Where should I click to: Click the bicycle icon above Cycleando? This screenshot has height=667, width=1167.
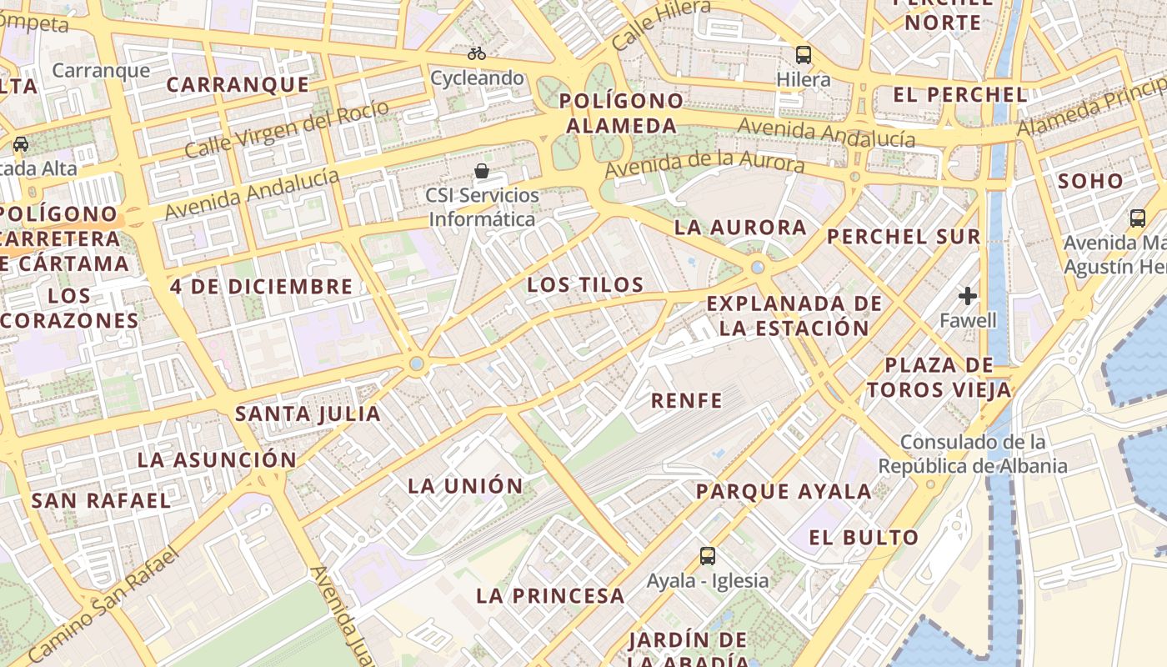point(477,53)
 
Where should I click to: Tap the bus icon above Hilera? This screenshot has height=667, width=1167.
point(804,55)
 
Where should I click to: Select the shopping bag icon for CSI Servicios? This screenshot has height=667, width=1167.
point(482,172)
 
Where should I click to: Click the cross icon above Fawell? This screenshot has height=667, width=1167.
point(968,296)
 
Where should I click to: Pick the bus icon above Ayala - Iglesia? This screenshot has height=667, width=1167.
point(708,555)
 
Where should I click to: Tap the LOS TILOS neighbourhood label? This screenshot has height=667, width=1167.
point(585,285)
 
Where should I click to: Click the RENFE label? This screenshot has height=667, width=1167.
point(686,401)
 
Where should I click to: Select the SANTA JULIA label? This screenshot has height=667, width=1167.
point(308,414)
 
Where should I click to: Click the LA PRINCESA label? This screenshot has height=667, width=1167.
point(550,596)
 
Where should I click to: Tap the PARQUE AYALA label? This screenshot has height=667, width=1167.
point(784,492)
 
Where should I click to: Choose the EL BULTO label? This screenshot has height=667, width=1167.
point(864,538)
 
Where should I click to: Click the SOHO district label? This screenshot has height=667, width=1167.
point(1090,181)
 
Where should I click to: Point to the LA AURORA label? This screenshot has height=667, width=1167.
point(740,228)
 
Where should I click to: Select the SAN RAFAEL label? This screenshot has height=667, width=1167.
point(101,501)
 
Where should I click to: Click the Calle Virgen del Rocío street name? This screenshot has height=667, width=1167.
point(286,130)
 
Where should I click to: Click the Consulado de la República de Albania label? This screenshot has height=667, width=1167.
point(973,454)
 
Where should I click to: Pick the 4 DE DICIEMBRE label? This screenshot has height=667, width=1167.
point(262,287)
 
